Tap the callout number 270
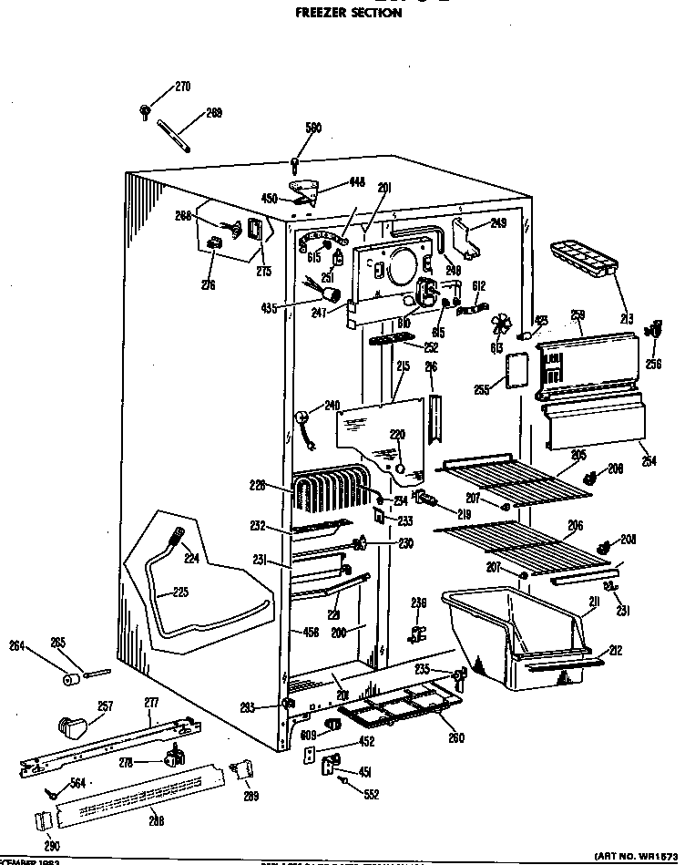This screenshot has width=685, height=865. point(182,88)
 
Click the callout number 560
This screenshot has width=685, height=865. point(313,129)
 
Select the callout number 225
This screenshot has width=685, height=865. point(180,592)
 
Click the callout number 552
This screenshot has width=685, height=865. point(371,794)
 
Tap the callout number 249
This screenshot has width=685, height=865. point(497,222)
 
